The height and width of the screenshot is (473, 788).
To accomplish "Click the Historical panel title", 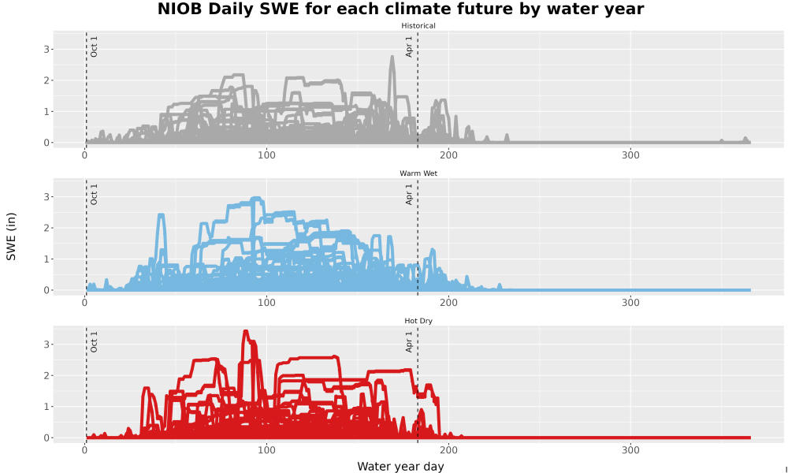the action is click(418, 26).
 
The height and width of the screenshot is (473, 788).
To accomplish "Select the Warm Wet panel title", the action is click(418, 173).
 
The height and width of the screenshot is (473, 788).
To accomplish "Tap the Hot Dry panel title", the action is click(418, 321).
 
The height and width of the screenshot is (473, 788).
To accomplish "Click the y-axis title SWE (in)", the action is click(11, 236).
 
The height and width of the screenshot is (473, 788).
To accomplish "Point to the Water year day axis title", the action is click(400, 467).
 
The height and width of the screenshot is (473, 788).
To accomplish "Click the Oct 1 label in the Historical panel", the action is click(94, 47).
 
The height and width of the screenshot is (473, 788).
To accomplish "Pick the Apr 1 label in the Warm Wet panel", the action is click(409, 194).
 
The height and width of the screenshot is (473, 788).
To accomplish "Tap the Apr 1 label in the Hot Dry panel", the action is click(409, 342).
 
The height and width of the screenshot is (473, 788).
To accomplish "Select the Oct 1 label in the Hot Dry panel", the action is click(94, 342).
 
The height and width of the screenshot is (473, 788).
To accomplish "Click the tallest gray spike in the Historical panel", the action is click(392, 58).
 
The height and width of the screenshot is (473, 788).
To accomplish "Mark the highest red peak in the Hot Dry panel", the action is click(245, 331).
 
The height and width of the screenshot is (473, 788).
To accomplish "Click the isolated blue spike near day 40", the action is click(161, 215).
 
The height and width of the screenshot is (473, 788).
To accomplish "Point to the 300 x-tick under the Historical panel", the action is click(630, 155).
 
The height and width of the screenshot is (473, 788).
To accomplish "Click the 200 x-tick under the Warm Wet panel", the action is click(448, 303).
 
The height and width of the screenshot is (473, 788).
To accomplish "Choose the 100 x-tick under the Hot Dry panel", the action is click(266, 450).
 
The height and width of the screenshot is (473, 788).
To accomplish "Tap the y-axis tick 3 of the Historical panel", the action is click(46, 49).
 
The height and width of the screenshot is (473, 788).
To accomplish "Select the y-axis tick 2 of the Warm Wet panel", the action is click(46, 228).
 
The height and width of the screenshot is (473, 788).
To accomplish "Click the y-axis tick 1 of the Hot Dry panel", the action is click(46, 407).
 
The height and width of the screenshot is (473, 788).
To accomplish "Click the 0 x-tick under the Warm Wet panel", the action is click(85, 303).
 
